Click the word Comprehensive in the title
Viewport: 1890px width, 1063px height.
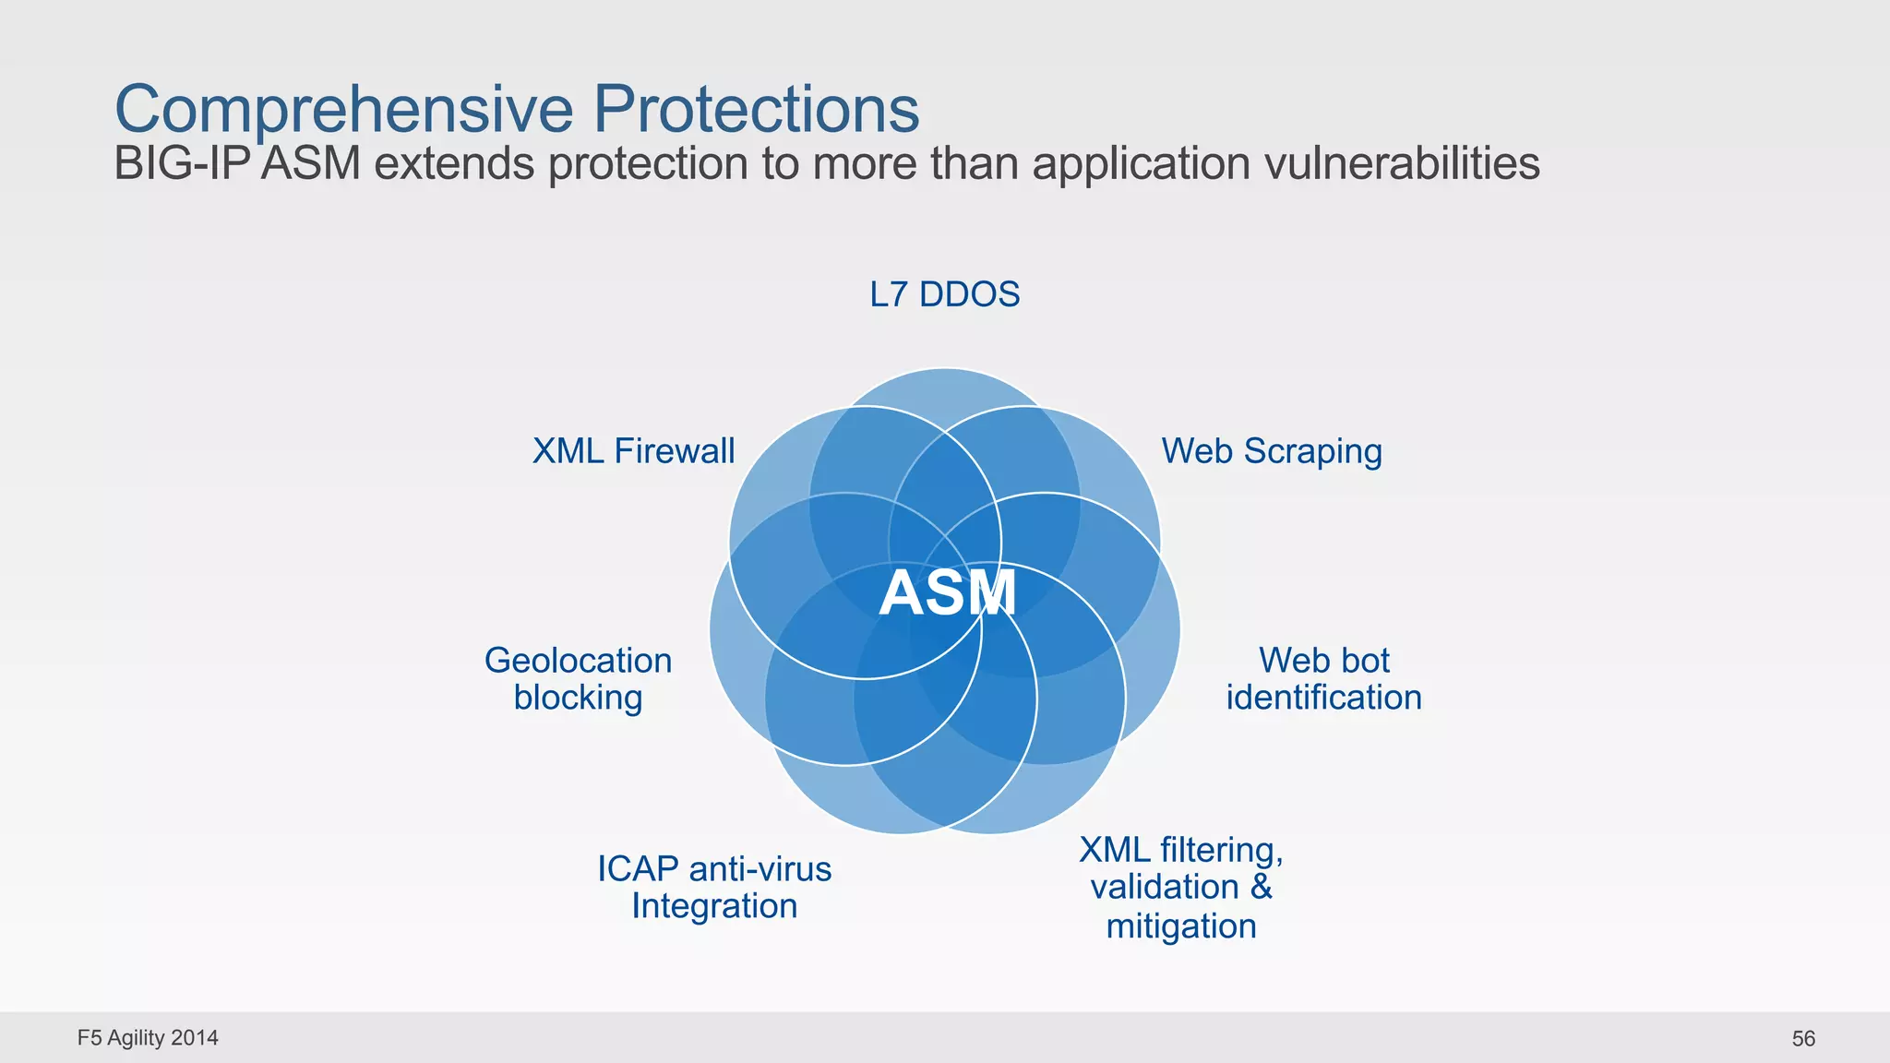343,110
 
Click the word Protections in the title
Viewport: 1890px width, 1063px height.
756,110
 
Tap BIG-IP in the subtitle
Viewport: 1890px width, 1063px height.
182,164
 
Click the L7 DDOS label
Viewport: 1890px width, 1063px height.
944,294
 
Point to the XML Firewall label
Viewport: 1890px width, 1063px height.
633,451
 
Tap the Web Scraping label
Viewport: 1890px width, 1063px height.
1272,451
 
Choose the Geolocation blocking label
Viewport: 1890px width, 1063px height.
578,679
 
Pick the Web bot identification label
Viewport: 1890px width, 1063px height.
1323,679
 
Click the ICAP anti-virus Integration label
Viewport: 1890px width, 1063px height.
714,887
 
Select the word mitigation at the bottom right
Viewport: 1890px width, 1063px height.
1181,926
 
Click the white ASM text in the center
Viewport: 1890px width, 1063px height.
947,592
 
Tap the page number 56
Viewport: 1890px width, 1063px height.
1803,1039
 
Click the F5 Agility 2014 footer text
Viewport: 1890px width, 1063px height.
148,1038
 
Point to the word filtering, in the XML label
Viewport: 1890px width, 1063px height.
1221,850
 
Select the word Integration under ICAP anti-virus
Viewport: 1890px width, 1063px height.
714,906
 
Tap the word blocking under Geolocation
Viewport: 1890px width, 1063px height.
578,698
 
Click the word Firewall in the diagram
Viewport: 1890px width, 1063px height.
674,451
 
